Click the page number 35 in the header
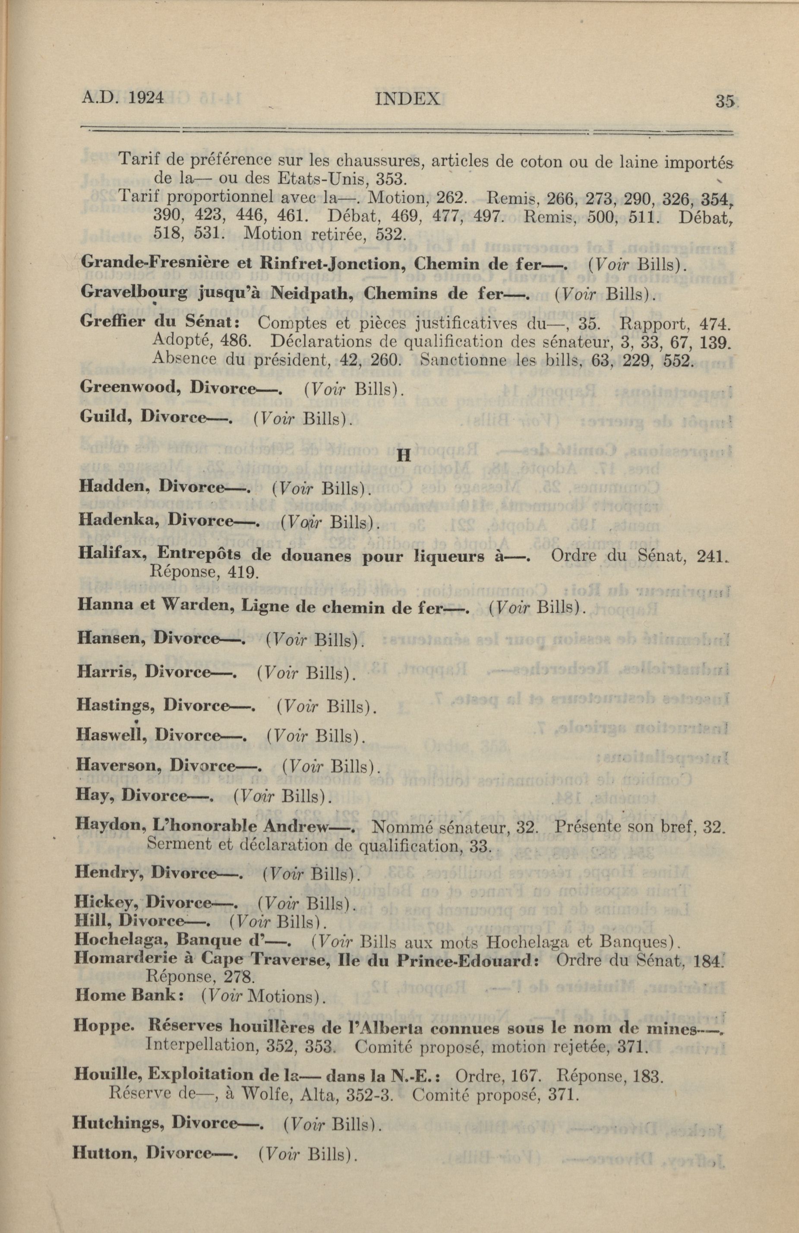click(724, 101)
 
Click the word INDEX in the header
click(407, 98)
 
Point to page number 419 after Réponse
click(243, 573)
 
